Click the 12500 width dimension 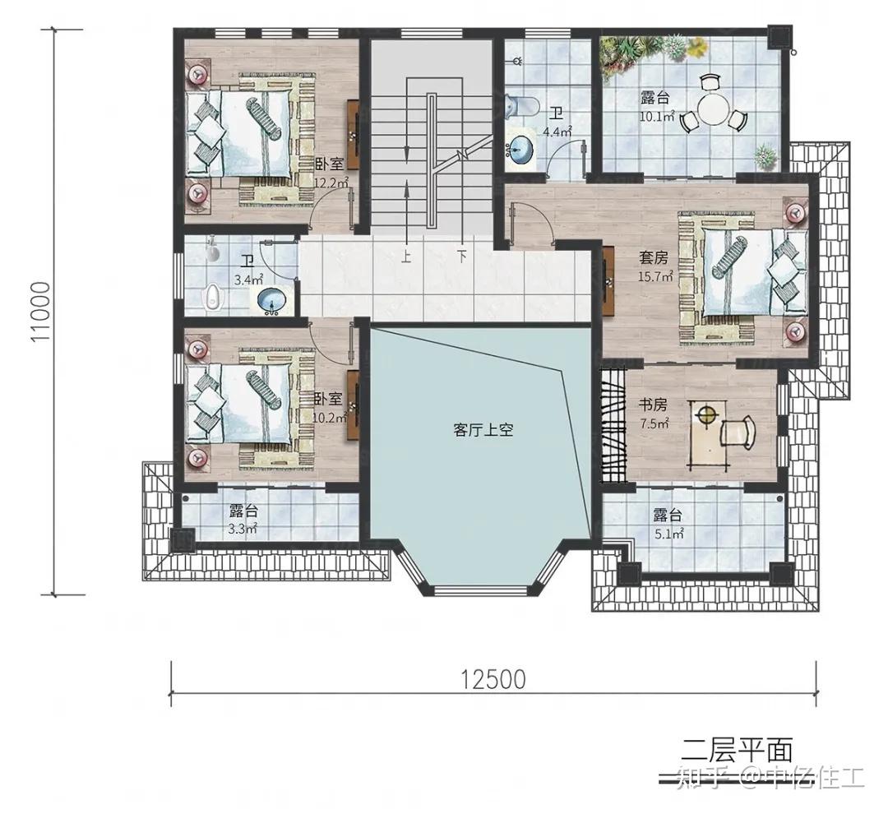(x=493, y=679)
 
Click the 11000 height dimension (x=42, y=312)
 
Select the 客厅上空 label (x=483, y=430)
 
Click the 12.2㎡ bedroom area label (x=332, y=183)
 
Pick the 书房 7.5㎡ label (x=654, y=414)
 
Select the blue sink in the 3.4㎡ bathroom (x=271, y=302)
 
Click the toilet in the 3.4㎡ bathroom (x=214, y=298)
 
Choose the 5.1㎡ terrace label (x=668, y=523)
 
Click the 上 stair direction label (x=406, y=256)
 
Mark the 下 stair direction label (x=462, y=256)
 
